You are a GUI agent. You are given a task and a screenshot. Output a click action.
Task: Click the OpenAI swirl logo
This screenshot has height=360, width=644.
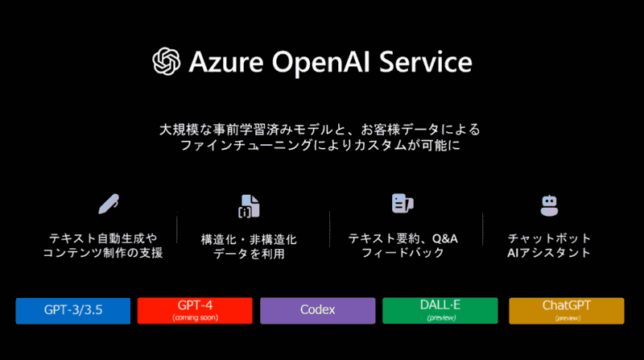(167, 62)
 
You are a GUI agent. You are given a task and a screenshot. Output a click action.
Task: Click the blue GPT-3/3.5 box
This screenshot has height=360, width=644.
(72, 310)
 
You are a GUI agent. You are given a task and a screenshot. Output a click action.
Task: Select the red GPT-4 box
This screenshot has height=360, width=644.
(195, 310)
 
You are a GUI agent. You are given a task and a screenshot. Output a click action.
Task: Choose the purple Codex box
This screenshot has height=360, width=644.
(317, 310)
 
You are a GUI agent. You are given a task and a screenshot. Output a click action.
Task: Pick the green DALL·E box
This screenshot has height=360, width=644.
(440, 310)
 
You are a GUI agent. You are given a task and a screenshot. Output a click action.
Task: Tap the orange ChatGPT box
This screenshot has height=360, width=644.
(567, 310)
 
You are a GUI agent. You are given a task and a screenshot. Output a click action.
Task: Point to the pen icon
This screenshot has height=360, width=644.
(108, 203)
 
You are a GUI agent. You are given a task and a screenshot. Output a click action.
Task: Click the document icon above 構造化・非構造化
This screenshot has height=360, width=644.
(248, 206)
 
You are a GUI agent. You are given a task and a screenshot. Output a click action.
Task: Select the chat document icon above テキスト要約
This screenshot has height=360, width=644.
(402, 204)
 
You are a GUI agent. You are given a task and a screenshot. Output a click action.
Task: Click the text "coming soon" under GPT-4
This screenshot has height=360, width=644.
(195, 317)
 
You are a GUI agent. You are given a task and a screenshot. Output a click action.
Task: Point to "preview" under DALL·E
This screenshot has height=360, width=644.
(440, 318)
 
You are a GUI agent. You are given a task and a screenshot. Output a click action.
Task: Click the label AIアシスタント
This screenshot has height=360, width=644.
(550, 253)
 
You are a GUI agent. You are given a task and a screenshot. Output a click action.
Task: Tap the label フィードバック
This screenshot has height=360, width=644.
(402, 253)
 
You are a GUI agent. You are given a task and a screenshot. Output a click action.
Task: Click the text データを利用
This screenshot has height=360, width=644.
(249, 254)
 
